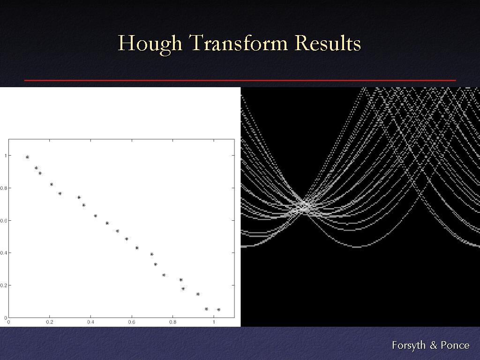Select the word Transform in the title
tap(239, 43)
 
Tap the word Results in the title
tap(328, 43)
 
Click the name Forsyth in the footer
tap(409, 345)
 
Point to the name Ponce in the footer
tap(455, 345)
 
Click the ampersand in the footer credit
tap(433, 345)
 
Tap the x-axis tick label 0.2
tap(50, 322)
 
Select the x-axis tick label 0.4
tap(90, 322)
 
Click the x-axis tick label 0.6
tap(132, 322)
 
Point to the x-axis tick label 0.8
tap(172, 322)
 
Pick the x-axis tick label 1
tap(214, 322)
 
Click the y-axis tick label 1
tap(6, 156)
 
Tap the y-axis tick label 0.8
tap(3, 188)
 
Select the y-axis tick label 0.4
tap(3, 253)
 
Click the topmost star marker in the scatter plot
tap(27, 157)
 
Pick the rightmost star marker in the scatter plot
tap(218, 310)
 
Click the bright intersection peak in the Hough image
tap(303, 206)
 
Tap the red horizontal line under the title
tap(240, 80)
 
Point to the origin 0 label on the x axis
tap(8, 322)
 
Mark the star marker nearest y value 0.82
tap(52, 184)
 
